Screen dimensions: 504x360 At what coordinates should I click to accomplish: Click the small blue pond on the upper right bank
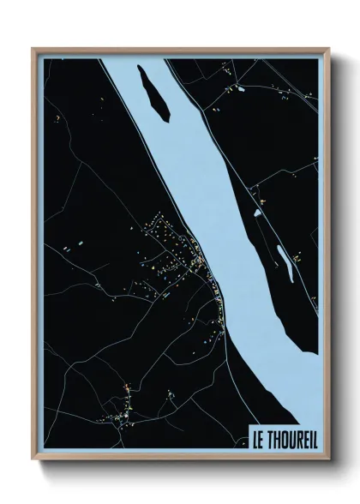click(x=240, y=88)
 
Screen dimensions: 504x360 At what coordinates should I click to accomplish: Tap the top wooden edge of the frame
click(x=180, y=49)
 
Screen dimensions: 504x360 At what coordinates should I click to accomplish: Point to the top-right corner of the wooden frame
click(x=327, y=49)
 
